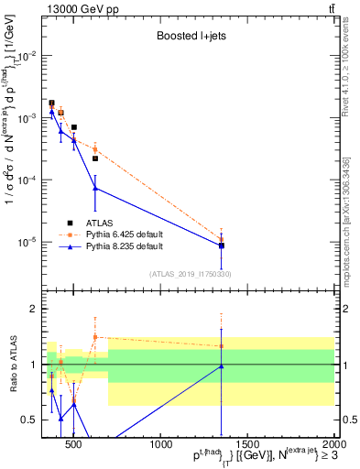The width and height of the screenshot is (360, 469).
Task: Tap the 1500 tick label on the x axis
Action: tap(247, 445)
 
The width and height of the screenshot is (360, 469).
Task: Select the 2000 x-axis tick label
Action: tap(332, 445)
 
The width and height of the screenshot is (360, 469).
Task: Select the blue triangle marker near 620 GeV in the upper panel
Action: tap(95, 189)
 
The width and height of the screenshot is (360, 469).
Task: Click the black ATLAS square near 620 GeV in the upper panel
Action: tap(95, 158)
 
